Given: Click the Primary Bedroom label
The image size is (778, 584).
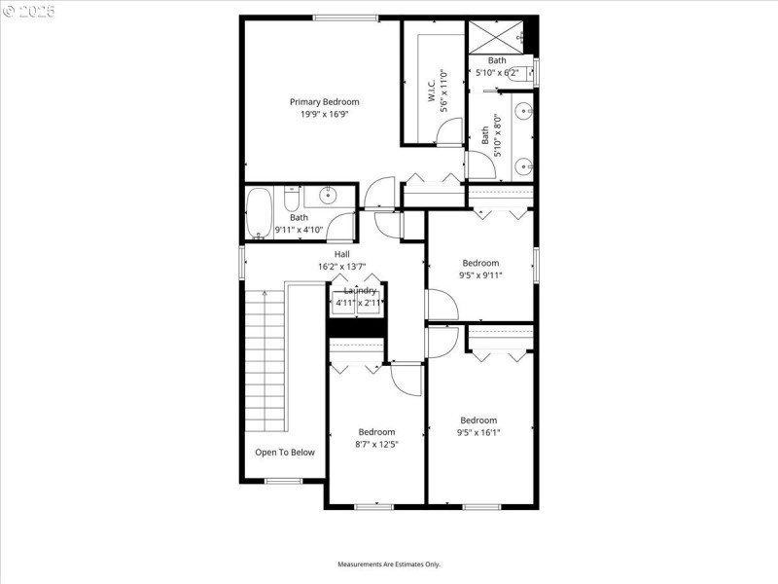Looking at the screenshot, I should click(x=324, y=101).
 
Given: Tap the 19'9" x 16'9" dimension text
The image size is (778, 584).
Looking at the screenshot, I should click(x=324, y=114).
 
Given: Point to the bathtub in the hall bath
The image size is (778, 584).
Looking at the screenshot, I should click(x=259, y=212).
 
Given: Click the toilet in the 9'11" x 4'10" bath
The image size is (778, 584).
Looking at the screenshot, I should click(x=290, y=200).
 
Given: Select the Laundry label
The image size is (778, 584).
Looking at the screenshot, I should click(x=359, y=290).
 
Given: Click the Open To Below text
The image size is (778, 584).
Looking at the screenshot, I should click(x=285, y=452).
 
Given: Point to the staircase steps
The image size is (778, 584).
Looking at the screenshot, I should click(x=265, y=360).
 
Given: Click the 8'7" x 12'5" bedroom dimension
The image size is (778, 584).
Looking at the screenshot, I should click(x=377, y=444).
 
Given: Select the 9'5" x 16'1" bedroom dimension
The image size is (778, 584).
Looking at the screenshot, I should click(x=479, y=432).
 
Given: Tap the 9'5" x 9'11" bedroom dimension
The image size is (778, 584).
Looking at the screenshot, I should click(x=480, y=274).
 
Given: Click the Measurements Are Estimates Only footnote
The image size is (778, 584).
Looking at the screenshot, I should click(x=389, y=564).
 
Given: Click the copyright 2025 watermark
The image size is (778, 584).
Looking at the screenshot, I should click(x=30, y=12).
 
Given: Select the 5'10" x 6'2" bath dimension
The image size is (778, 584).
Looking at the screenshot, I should click(x=498, y=72).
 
